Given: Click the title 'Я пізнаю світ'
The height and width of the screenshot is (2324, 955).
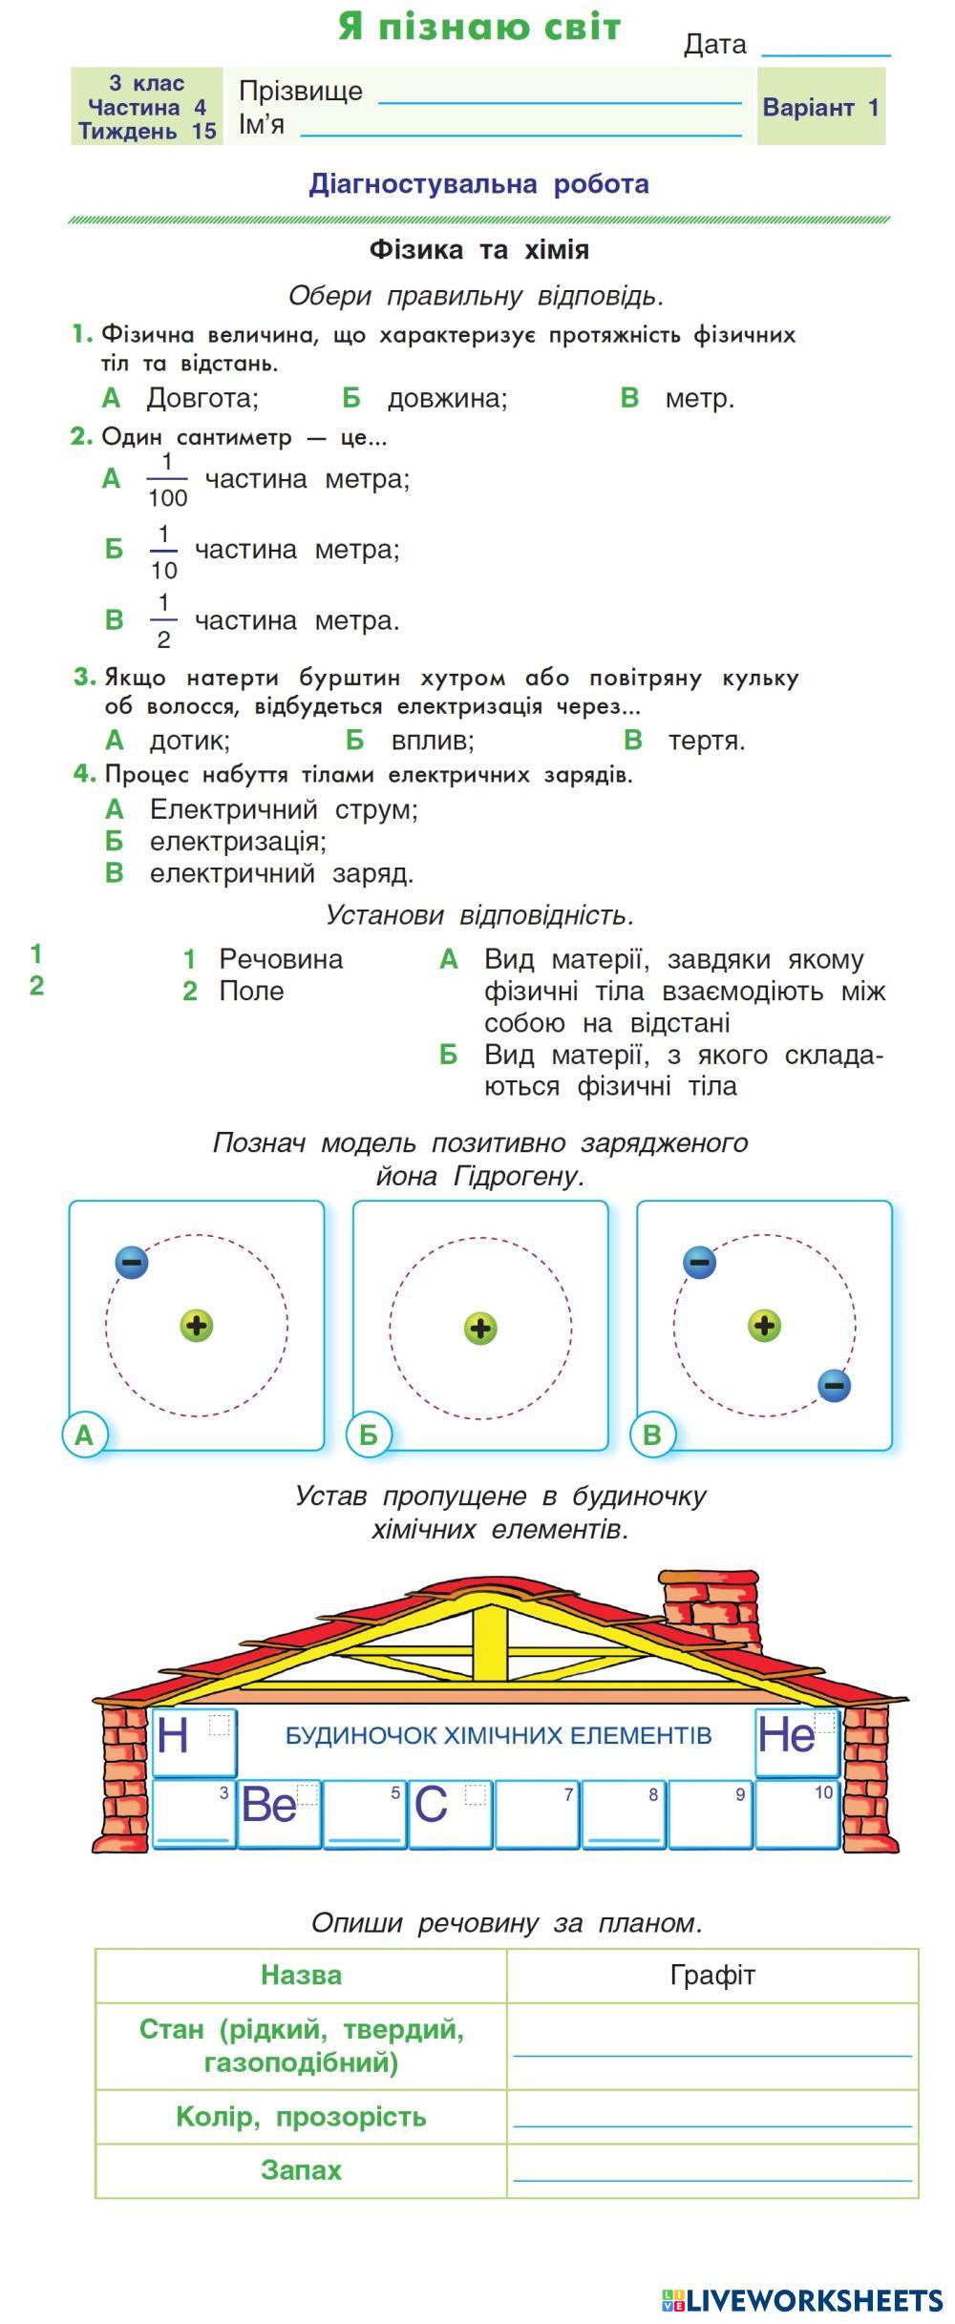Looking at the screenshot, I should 479,28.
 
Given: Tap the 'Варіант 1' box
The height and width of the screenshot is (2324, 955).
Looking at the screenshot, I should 820,107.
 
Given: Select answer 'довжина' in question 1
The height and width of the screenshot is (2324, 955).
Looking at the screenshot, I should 446,398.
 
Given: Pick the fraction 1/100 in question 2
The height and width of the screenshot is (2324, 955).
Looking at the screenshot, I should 167,479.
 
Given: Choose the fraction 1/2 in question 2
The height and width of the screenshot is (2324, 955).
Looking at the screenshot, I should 163,621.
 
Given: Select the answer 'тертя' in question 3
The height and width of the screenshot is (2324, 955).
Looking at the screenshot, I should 706,741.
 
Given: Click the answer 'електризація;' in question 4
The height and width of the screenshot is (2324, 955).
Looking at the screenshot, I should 237,842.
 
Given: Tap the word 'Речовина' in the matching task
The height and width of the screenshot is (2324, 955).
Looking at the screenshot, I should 280,959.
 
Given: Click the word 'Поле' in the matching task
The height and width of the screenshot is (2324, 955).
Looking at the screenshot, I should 251,991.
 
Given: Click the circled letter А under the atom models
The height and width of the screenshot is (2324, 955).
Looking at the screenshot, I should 84,1434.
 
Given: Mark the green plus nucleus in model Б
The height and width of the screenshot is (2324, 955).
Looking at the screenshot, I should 480,1328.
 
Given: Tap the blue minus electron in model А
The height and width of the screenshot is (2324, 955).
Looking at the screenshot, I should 132,1262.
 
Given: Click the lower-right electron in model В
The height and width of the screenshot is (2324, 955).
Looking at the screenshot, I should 834,1385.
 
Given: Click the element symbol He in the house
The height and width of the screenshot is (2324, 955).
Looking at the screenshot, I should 787,1734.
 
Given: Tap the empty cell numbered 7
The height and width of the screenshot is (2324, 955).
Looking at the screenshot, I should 536,1812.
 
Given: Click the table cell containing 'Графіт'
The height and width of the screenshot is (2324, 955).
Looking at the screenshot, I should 712,1975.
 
